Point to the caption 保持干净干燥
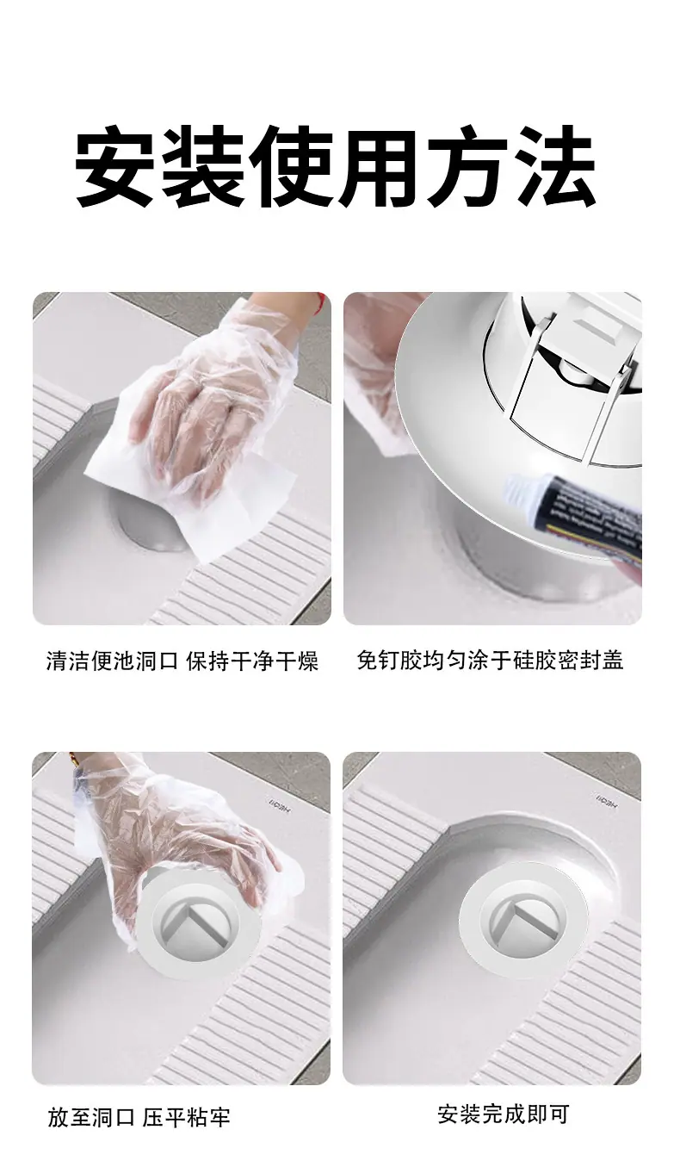pos(252,661)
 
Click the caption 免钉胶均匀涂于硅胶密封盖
pos(490,660)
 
